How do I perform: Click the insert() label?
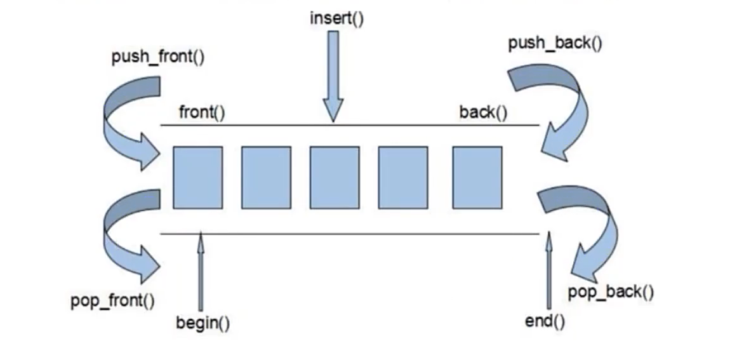[x=336, y=18]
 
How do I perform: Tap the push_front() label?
[x=158, y=57]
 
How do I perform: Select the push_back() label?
[x=555, y=44]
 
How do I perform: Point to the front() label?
[x=202, y=113]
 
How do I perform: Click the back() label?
[x=483, y=113]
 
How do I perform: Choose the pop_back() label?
[x=610, y=292]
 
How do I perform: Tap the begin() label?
[x=203, y=323]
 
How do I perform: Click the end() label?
[x=545, y=321]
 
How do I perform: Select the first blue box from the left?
[x=197, y=177]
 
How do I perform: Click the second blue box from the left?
[x=266, y=177]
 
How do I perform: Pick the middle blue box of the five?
[x=335, y=177]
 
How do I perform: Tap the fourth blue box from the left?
[x=402, y=177]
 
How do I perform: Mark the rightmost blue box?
[x=477, y=177]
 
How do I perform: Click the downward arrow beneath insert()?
[x=333, y=76]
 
